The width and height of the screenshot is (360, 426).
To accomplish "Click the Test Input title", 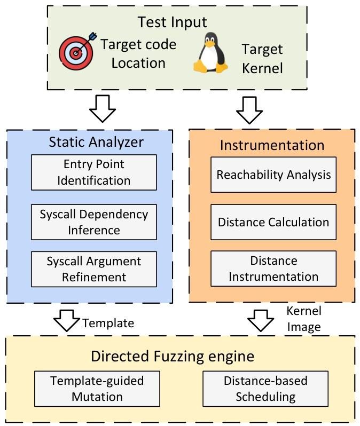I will click(172, 22).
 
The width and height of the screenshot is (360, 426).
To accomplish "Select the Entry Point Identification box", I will click(94, 172).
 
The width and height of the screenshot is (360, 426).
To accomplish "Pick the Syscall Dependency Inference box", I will click(94, 222).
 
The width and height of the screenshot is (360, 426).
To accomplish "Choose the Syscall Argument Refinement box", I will click(94, 269).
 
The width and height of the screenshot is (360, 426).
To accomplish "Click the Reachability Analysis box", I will click(273, 175).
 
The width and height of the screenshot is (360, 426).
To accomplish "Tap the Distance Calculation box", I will click(273, 222).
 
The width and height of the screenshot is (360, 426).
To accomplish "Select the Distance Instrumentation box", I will click(273, 269).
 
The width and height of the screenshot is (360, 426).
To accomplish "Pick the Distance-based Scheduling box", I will click(265, 389).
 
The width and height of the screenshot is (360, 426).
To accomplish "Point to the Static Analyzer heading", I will click(96, 141).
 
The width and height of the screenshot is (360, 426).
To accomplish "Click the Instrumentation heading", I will click(272, 145).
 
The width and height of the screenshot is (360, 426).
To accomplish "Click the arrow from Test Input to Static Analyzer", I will click(102, 108).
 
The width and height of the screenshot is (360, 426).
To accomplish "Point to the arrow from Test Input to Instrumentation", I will click(249, 108).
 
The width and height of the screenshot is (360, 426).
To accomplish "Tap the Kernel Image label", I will click(304, 319).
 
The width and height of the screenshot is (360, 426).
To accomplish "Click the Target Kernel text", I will click(262, 59).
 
